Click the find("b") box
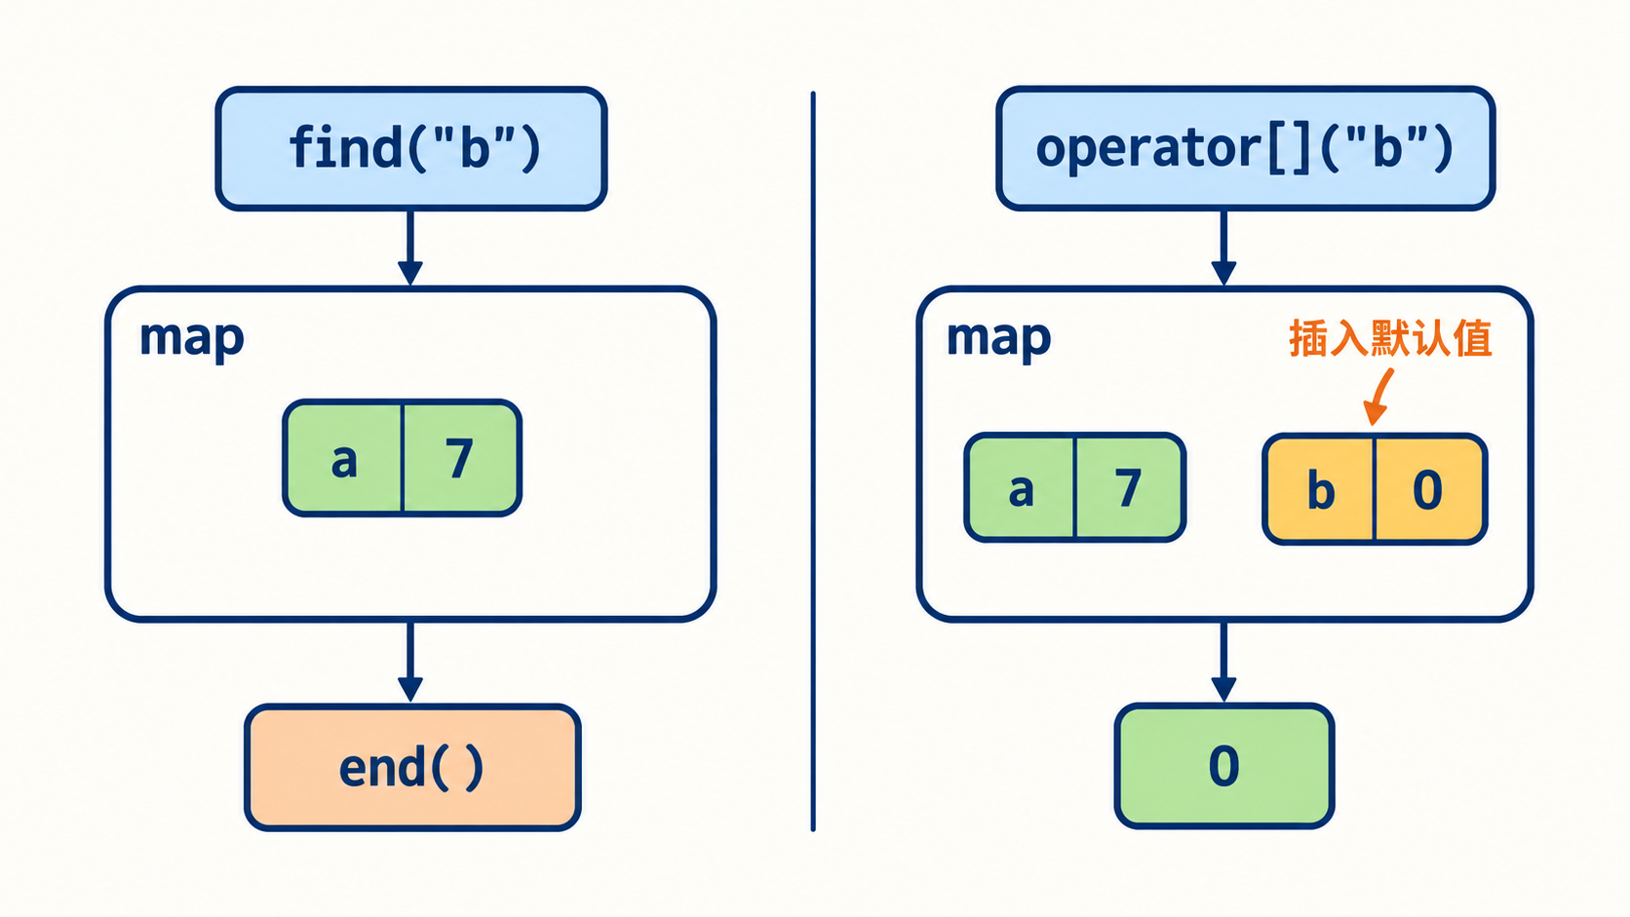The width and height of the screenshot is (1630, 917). (x=411, y=148)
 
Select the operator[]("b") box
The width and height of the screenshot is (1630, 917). (x=1245, y=148)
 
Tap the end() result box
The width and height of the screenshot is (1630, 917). (x=412, y=767)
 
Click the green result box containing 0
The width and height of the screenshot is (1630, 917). (x=1223, y=766)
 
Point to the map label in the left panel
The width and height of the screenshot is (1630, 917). (x=191, y=338)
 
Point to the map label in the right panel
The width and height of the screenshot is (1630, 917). (x=998, y=338)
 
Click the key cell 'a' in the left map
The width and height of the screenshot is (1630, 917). (x=343, y=458)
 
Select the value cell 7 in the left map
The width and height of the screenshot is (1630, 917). (x=461, y=458)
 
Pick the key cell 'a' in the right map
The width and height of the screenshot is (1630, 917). (x=1020, y=488)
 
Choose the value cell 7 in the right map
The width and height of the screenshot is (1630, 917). (x=1130, y=488)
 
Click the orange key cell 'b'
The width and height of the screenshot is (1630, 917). (x=1319, y=488)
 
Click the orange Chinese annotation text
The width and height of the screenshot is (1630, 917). (x=1390, y=338)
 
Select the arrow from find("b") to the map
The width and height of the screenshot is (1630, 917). (x=410, y=248)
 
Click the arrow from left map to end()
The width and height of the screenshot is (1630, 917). (x=410, y=661)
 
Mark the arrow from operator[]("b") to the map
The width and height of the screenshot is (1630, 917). (x=1223, y=248)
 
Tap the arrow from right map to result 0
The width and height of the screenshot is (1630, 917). (x=1223, y=661)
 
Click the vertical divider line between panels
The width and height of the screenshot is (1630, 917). (x=813, y=461)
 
